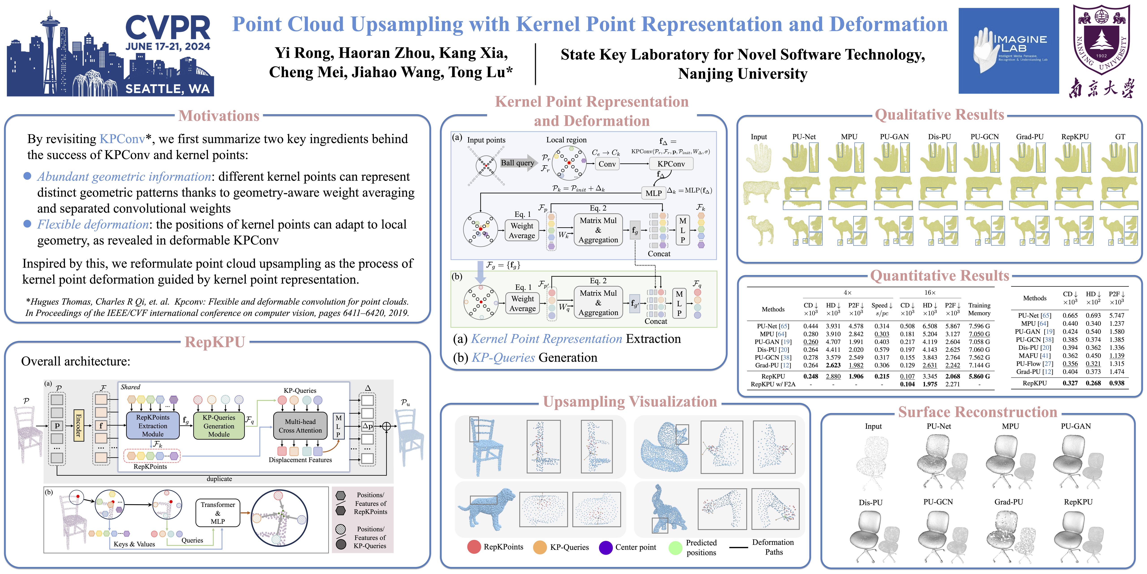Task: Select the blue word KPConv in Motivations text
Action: [122, 139]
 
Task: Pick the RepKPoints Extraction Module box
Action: [153, 426]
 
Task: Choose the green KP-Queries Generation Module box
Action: [219, 426]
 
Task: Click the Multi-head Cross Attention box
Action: [300, 426]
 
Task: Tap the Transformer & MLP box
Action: [218, 513]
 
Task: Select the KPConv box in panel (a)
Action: [671, 164]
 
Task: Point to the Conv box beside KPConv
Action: [607, 164]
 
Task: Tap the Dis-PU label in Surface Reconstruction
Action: [871, 502]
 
